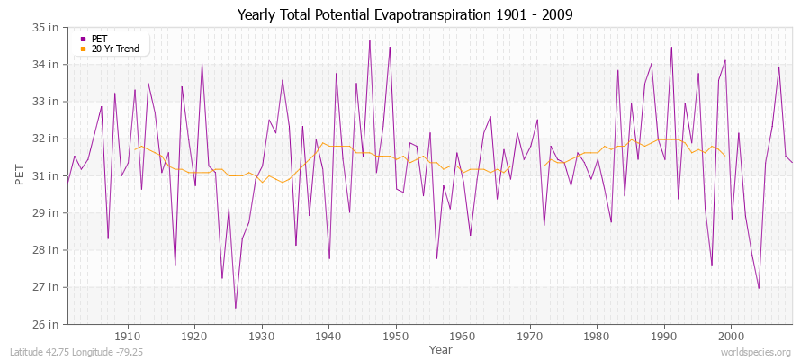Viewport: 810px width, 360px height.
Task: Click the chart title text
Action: click(404, 14)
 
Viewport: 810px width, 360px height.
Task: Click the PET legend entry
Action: click(99, 39)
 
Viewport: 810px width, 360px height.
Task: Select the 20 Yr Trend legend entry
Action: click(115, 49)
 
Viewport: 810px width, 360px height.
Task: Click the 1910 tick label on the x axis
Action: click(127, 337)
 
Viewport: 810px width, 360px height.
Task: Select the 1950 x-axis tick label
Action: click(395, 337)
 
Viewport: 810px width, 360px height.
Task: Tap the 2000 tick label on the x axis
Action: click(730, 337)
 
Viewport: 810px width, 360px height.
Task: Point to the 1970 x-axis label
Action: click(529, 337)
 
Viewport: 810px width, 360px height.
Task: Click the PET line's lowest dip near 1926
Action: click(236, 308)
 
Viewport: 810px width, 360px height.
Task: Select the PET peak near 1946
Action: click(369, 40)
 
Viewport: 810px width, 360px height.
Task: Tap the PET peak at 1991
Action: click(671, 48)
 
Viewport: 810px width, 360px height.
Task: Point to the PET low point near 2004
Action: click(759, 288)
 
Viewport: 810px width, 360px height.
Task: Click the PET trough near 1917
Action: click(175, 265)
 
